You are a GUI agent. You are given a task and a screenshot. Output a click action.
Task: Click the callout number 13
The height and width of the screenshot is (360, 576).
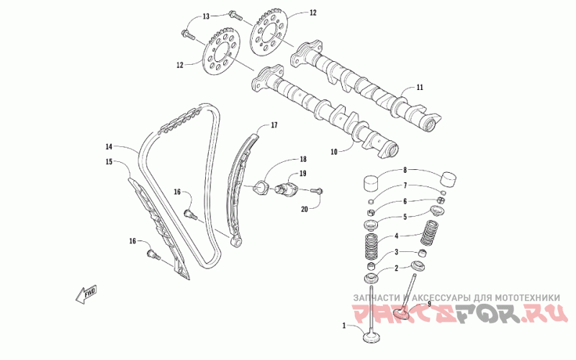click(x=205, y=16)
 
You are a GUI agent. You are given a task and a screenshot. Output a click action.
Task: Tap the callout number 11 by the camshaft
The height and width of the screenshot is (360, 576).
click(x=420, y=88)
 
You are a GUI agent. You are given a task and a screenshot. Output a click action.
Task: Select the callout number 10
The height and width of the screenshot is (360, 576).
click(x=334, y=152)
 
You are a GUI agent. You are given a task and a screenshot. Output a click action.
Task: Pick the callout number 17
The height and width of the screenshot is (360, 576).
click(x=274, y=125)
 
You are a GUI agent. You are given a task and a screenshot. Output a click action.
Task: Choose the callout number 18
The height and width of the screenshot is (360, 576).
click(x=283, y=159)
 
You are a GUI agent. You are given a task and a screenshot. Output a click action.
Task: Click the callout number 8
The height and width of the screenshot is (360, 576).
click(x=405, y=171)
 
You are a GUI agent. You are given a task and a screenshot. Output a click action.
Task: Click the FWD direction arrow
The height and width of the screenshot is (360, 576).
click(x=86, y=293)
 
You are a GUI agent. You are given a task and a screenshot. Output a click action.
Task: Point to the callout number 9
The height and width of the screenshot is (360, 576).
click(x=429, y=304)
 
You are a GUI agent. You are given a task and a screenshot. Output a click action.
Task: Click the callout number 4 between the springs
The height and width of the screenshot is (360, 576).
click(x=395, y=236)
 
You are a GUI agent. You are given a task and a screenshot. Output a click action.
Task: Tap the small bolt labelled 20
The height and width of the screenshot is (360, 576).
click(x=318, y=191)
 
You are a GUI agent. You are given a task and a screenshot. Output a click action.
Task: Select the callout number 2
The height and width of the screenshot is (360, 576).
click(x=395, y=268)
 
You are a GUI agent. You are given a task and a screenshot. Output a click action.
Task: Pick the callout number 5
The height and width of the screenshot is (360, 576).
click(x=405, y=216)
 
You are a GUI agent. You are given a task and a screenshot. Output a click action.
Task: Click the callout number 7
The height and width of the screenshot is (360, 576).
click(x=405, y=186)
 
